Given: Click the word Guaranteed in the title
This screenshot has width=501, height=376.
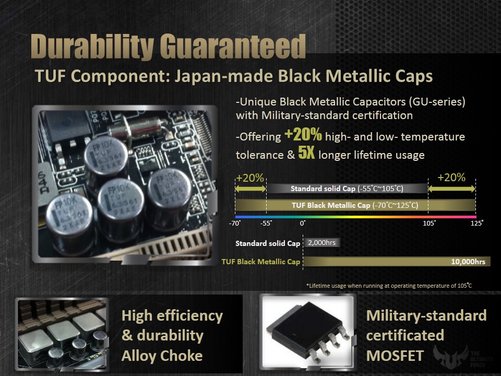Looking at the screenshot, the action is point(232,46).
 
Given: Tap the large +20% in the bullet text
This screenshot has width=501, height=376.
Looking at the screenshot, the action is point(303,134).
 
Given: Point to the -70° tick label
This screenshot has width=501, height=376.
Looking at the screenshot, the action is point(235,223).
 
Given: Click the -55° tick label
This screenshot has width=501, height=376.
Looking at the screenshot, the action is point(266,223).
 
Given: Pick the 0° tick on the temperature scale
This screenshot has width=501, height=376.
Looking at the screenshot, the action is point(303,223).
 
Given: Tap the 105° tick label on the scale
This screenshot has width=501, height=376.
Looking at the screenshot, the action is point(429,223).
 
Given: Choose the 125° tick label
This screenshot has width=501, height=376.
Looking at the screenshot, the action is point(476,223).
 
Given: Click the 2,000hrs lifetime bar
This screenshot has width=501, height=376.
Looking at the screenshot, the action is point(321,243).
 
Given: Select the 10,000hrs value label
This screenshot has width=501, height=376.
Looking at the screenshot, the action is point(468,262).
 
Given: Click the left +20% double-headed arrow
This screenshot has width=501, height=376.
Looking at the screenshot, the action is point(250,189).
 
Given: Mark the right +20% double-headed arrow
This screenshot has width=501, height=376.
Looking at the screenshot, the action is point(452,189).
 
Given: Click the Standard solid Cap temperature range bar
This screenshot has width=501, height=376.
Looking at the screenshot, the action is point(347,189).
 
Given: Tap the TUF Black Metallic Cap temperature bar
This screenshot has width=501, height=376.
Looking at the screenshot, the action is point(355,205).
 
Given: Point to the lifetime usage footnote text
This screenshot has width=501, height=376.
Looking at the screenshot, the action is point(389,286).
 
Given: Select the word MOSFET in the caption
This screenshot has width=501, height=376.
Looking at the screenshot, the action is point(395,356).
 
